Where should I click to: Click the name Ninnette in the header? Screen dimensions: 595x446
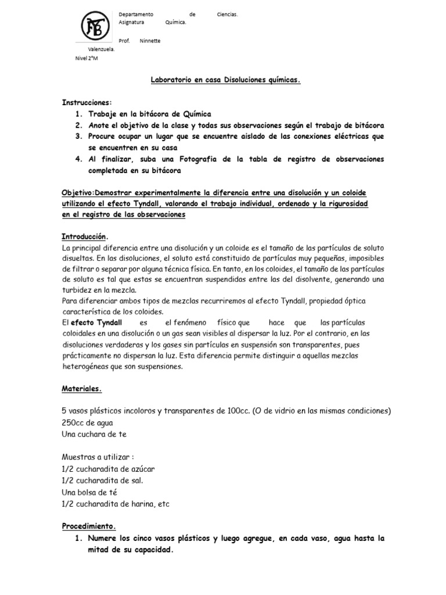150,41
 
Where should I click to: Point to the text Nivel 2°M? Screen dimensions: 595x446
87,59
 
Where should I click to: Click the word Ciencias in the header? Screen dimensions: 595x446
227,14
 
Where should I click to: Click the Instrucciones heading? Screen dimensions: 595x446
87,102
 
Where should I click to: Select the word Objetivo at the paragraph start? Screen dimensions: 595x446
77,192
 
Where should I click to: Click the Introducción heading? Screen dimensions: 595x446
85,237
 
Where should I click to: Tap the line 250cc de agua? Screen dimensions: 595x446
87,422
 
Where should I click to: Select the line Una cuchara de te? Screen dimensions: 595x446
93,434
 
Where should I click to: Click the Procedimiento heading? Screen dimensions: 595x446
89,526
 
